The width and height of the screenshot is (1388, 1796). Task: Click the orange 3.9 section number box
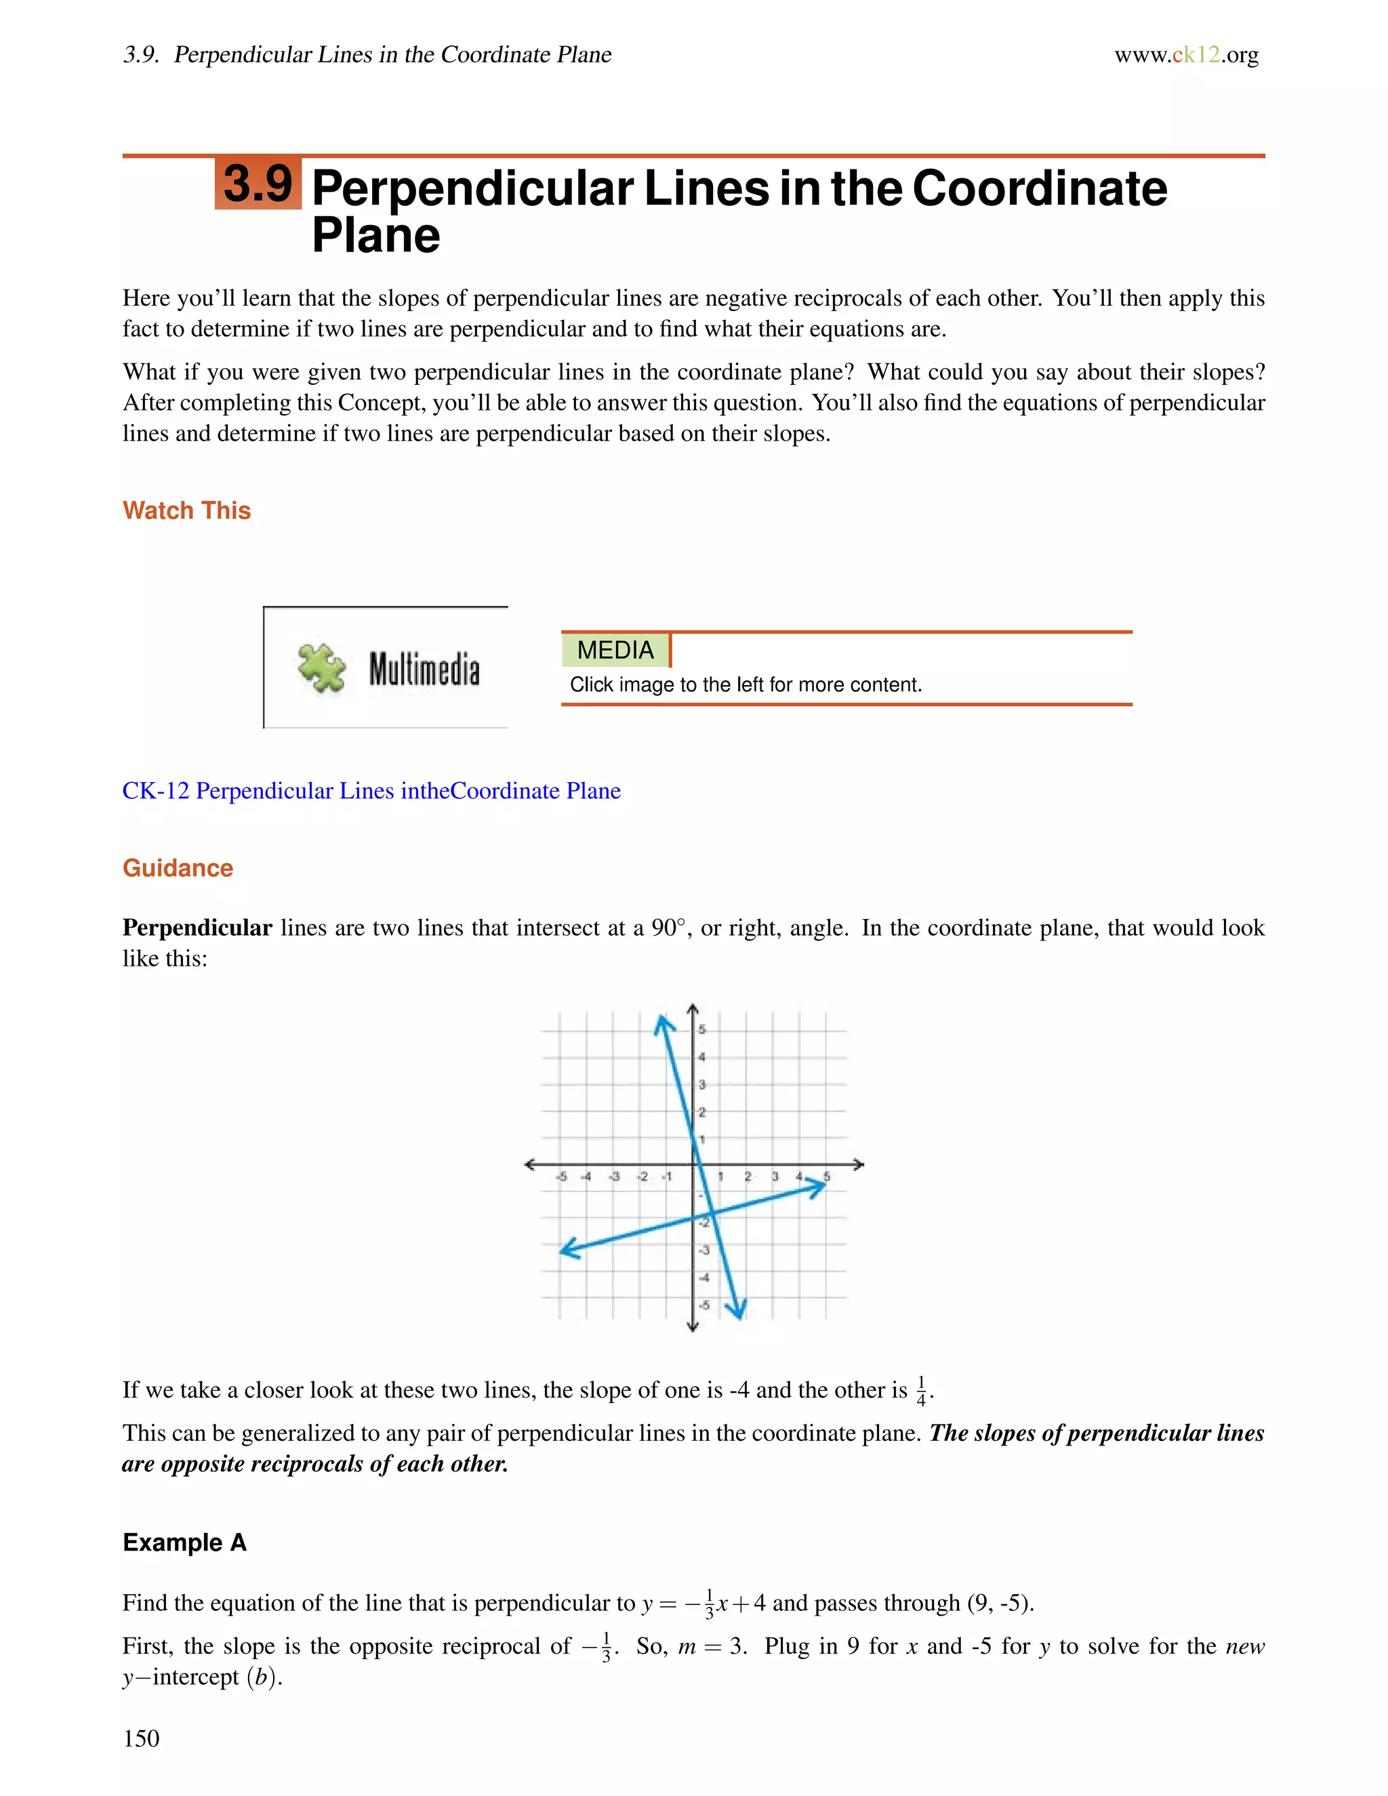(x=258, y=184)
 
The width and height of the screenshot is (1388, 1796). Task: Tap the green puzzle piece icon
(x=321, y=668)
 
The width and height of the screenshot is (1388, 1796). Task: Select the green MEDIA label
(x=615, y=651)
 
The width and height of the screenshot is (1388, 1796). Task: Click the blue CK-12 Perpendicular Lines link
(x=371, y=791)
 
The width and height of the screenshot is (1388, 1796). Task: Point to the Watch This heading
(x=186, y=511)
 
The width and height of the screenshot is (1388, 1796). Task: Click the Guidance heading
(x=178, y=868)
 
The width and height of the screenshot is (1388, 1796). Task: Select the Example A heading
(x=184, y=1543)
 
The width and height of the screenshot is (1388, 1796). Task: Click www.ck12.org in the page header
(x=1186, y=55)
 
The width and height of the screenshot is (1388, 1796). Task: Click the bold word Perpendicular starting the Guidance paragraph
(x=197, y=928)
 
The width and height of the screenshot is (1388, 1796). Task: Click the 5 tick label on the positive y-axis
(x=701, y=1029)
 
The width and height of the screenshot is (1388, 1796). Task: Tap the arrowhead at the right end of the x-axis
(x=859, y=1164)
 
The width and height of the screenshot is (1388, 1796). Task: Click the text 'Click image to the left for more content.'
(x=746, y=685)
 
